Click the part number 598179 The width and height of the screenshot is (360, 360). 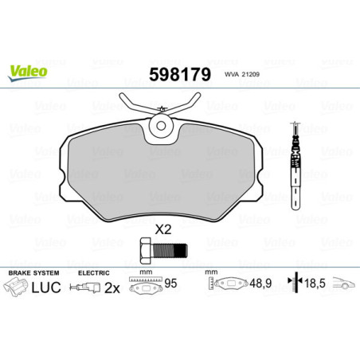[180, 75]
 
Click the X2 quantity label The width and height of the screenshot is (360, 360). [163, 228]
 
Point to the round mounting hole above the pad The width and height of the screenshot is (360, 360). [163, 124]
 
